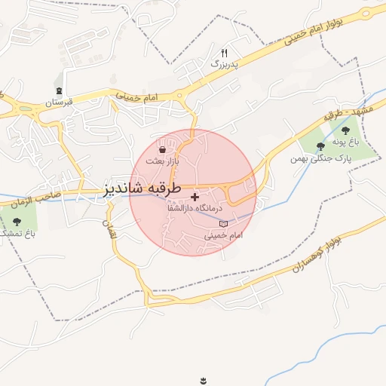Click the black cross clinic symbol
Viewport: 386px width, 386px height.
click(x=195, y=196)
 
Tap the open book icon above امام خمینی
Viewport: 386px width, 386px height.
click(x=222, y=224)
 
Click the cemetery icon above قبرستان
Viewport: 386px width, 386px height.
click(x=60, y=90)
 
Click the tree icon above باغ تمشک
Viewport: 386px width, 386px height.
click(x=17, y=222)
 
